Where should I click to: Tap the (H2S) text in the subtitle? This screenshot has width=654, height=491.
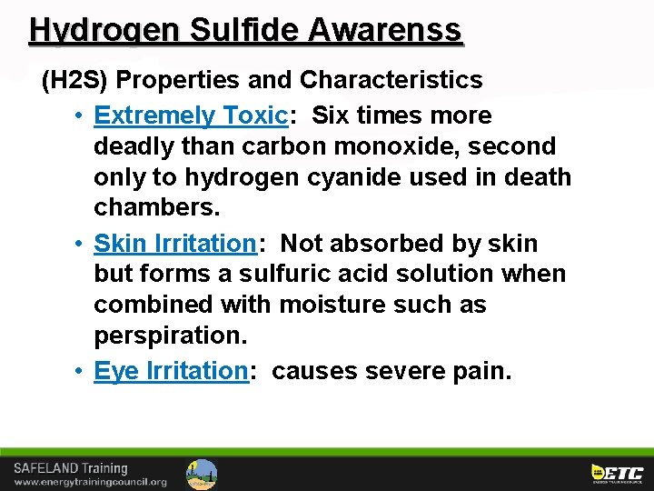(74, 80)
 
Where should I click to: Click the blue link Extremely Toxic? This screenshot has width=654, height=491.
(191, 115)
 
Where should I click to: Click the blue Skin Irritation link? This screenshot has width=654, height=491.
(174, 244)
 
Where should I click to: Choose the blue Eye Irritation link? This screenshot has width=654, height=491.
(171, 371)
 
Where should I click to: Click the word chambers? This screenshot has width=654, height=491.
(156, 208)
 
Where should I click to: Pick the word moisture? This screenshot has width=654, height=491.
(338, 305)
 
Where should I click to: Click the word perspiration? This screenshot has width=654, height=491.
(170, 336)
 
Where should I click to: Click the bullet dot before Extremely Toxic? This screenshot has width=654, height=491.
(81, 116)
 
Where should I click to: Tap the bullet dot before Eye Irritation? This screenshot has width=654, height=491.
(81, 372)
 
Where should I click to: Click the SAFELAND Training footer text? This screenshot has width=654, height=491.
(71, 467)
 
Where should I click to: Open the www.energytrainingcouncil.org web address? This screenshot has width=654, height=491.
(90, 482)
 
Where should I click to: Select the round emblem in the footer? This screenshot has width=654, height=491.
(202, 474)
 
